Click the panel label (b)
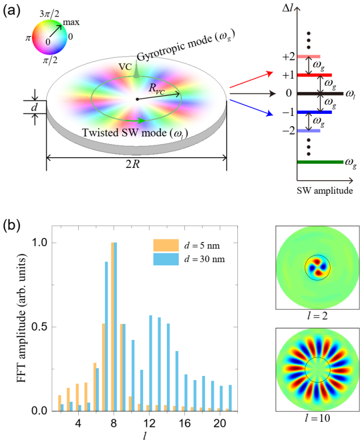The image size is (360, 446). click(x=12, y=227)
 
